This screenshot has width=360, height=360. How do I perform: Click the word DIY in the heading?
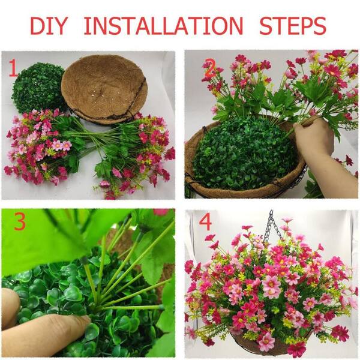pos(48,25)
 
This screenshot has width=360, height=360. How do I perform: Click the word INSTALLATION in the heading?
pos(163,25)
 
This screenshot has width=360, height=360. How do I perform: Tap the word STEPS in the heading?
pos(293,25)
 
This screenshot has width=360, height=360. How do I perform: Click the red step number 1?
pos(13,68)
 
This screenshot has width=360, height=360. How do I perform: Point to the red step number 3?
pos(20,221)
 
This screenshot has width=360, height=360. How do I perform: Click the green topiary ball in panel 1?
pos(38,88)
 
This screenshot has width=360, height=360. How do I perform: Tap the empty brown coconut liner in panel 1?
pos(104,89)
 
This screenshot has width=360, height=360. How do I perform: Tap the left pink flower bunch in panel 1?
pos(39,147)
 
